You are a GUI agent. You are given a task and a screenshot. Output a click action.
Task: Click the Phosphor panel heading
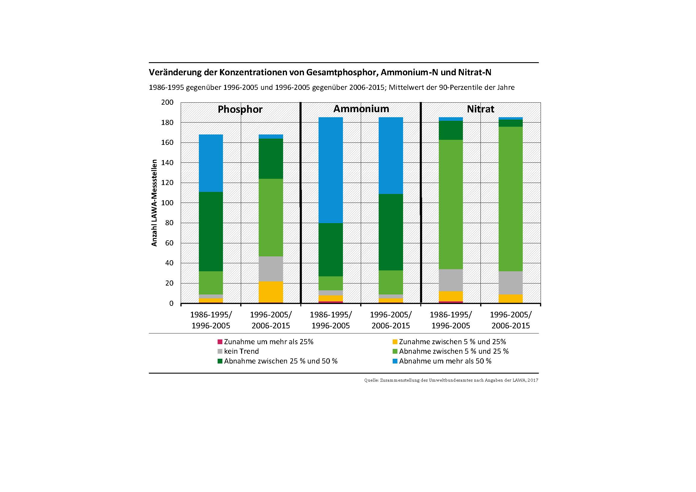(240, 109)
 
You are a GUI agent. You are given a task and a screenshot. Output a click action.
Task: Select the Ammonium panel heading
(361, 109)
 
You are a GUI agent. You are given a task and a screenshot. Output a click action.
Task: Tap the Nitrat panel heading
(480, 109)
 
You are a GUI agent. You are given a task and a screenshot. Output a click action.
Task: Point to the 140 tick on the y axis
(167, 163)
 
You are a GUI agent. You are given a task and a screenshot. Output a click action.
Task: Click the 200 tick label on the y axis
(167, 102)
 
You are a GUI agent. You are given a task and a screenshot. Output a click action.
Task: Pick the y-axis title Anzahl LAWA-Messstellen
(154, 203)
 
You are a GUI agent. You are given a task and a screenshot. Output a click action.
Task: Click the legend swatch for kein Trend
(220, 351)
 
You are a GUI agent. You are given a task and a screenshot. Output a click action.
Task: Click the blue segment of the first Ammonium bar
(331, 170)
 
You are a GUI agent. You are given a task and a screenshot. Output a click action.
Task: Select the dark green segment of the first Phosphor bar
(211, 231)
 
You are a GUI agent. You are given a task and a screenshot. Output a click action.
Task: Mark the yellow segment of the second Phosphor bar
(271, 292)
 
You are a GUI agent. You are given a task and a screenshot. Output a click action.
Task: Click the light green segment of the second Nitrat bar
(511, 199)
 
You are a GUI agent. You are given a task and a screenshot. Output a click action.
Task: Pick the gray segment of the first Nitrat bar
(451, 280)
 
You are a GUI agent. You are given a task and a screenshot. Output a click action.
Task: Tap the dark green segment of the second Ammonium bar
(391, 232)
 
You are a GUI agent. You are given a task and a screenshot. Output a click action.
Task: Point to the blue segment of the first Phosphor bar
(211, 163)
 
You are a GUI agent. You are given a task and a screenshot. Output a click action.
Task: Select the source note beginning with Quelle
(451, 380)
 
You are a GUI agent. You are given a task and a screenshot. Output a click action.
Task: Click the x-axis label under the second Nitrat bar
(511, 320)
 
